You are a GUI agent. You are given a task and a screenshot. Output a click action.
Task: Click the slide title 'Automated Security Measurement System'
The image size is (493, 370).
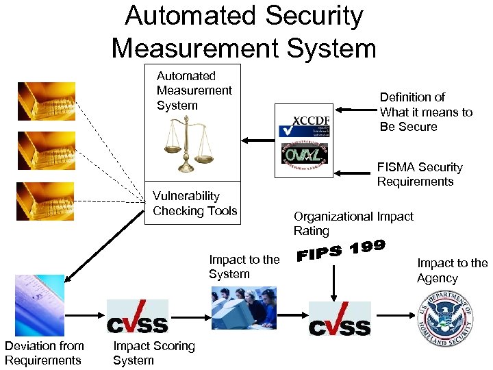click(x=244, y=32)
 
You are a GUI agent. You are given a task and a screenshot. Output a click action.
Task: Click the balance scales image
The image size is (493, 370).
click(x=186, y=144)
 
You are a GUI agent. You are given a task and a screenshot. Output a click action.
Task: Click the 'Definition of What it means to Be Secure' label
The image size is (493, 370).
click(x=426, y=112)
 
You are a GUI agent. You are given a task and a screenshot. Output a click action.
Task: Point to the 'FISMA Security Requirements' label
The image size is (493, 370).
click(x=419, y=174)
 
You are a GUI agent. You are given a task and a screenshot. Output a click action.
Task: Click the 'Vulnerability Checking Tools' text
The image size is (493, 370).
click(x=194, y=203)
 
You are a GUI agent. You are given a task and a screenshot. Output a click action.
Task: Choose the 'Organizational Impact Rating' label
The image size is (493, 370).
click(x=353, y=223)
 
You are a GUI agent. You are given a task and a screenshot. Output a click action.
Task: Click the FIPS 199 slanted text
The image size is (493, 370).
click(x=341, y=251)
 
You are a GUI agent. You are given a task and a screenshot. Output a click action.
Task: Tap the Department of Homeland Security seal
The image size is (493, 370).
click(x=446, y=319)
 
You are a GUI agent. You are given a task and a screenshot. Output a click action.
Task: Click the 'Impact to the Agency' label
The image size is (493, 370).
click(x=452, y=271)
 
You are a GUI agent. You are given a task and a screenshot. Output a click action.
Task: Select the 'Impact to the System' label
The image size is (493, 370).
click(x=244, y=267)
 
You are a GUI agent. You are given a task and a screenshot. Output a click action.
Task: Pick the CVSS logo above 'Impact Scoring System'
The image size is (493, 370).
click(x=137, y=317)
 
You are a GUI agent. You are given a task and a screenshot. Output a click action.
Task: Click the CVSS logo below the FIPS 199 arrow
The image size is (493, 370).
click(x=340, y=319)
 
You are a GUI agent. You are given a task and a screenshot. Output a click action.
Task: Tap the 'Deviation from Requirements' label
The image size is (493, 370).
click(x=45, y=353)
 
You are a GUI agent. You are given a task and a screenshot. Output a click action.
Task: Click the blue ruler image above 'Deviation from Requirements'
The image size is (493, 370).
click(x=40, y=306)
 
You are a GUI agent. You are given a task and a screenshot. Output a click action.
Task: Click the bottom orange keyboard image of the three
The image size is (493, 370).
click(x=47, y=201)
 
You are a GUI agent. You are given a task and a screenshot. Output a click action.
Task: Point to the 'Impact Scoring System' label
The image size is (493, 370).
click(x=153, y=353)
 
